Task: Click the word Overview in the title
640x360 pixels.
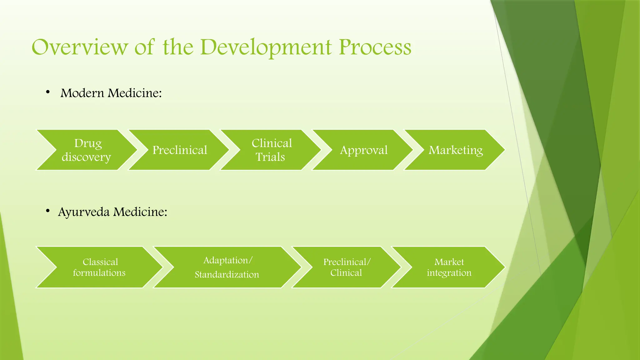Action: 80,47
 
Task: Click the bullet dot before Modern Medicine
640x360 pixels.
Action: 48,92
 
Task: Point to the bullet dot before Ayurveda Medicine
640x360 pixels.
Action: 48,211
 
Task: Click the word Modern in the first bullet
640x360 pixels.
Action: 82,93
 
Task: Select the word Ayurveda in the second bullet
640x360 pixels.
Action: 84,212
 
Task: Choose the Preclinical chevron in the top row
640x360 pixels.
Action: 179,150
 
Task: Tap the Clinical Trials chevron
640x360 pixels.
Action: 271,150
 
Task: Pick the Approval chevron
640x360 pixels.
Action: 363,150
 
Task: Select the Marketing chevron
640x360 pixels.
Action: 455,150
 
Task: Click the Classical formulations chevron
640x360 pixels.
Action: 99,267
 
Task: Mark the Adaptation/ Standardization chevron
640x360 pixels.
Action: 227,267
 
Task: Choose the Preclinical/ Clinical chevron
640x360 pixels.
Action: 346,267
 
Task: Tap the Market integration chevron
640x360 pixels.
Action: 449,267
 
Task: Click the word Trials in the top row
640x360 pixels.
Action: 270,157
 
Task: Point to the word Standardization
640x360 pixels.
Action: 227,275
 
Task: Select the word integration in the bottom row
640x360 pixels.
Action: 449,273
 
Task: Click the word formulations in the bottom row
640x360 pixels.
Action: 99,273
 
